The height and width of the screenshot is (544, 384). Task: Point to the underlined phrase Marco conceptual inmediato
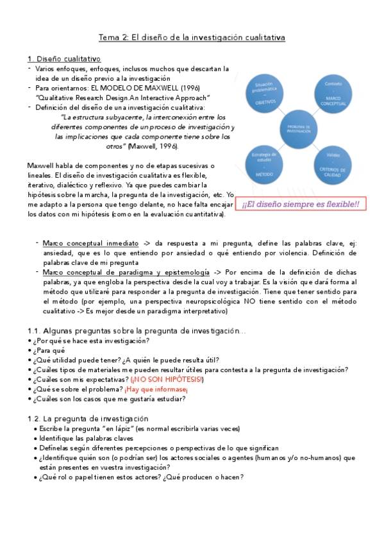[x=90, y=244]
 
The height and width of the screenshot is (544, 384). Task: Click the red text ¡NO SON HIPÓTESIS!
[x=166, y=379]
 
